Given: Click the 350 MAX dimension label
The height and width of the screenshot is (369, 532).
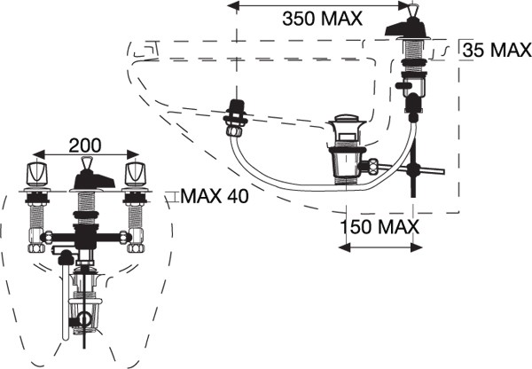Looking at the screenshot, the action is point(322,19).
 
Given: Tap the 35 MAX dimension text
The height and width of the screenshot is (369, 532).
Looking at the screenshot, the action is point(497,51).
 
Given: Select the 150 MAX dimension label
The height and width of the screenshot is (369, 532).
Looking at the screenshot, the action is point(379,227).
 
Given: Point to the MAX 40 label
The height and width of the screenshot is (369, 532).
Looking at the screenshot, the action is point(215,196).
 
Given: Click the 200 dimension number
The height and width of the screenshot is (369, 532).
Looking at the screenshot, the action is point(85,145).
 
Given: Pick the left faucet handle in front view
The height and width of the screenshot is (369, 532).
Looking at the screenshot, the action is point(37,174).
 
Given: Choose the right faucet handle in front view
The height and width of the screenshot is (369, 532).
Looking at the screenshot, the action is point(136,174).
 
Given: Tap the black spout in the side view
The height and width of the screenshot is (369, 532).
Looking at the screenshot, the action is point(406,27).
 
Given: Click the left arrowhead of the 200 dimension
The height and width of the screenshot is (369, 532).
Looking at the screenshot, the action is point(39,154).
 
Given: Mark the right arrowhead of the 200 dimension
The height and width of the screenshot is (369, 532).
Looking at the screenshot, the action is point(133,154).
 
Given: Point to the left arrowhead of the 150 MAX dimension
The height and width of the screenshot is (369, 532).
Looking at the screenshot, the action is point(344,247).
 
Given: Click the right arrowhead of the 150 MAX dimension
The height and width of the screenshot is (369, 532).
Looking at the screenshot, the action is point(417,247).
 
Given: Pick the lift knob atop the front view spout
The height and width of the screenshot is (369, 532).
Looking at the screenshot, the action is point(87,163).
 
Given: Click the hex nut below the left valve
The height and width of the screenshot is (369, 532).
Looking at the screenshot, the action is point(36,247).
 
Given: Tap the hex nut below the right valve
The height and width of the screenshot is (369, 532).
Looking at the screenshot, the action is point(136,247).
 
